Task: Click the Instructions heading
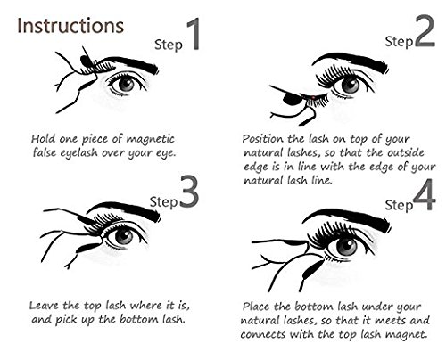coord(70,26)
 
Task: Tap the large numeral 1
coord(193,34)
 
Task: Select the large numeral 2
coord(425,31)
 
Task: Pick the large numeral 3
coord(188,192)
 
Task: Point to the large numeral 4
coord(425,194)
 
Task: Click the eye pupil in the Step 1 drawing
coord(128,84)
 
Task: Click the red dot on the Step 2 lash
coord(313,97)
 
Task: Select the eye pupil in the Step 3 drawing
coord(124,236)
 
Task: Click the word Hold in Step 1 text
coord(44,139)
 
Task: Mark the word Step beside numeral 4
coord(399,206)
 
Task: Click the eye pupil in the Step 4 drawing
coord(347,246)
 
